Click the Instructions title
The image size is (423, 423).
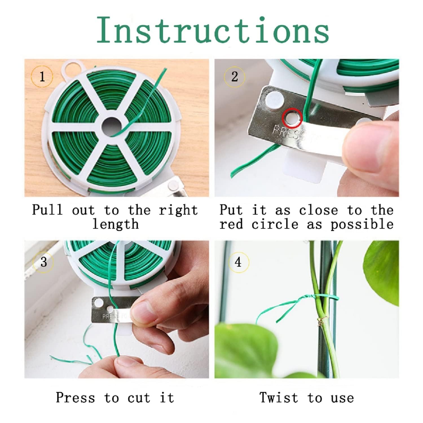213,30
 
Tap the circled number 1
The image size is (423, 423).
42,76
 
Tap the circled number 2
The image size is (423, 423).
235,77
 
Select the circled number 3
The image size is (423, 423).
43,262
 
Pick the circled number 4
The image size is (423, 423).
238,262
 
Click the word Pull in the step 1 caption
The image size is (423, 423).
47,210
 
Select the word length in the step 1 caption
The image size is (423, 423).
116,224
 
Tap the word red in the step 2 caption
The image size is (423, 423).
231,224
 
